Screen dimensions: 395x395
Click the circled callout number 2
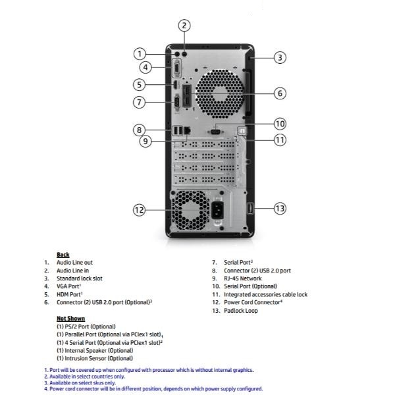click(x=184, y=26)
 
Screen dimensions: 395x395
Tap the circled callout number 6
click(x=280, y=93)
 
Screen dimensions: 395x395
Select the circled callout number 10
click(x=280, y=124)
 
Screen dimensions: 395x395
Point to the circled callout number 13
click(x=280, y=209)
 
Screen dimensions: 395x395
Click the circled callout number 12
click(x=139, y=210)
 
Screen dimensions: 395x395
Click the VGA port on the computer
click(x=177, y=68)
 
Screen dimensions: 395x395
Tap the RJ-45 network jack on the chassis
click(x=188, y=130)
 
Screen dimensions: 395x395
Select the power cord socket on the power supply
click(x=217, y=211)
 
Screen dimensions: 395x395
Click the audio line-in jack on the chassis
click(x=184, y=54)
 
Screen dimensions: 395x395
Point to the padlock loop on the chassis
click(x=250, y=209)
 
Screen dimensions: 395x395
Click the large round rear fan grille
click(x=220, y=93)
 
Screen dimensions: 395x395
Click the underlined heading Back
click(x=63, y=255)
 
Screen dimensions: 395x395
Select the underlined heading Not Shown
click(x=71, y=319)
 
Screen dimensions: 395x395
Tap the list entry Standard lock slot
click(x=80, y=278)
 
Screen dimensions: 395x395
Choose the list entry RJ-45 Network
click(x=243, y=278)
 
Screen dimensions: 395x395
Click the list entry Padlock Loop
click(x=241, y=311)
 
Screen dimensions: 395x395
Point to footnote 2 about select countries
click(x=85, y=377)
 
